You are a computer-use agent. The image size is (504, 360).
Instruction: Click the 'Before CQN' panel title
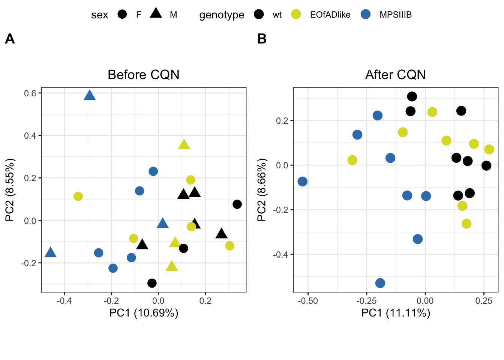pyautogui.click(x=143, y=75)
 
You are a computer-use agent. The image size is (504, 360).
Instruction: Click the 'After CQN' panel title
pyautogui.click(x=395, y=75)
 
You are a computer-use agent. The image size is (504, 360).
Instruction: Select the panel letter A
pyautogui.click(x=10, y=39)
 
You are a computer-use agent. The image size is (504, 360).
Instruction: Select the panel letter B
pyautogui.click(x=262, y=39)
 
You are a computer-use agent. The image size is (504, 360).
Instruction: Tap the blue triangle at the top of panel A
pyautogui.click(x=90, y=96)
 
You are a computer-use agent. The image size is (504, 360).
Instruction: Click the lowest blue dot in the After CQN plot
pyautogui.click(x=380, y=283)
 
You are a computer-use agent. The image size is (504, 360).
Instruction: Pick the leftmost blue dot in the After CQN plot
pyautogui.click(x=303, y=181)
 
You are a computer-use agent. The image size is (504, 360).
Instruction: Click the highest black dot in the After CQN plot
pyautogui.click(x=412, y=97)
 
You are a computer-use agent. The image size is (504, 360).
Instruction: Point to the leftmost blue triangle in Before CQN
pyautogui.click(x=50, y=253)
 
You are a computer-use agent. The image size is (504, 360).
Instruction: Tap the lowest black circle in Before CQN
pyautogui.click(x=152, y=283)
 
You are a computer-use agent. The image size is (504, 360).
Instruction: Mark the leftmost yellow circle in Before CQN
pyautogui.click(x=78, y=196)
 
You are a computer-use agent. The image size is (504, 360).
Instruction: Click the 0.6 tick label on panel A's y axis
pyautogui.click(x=30, y=93)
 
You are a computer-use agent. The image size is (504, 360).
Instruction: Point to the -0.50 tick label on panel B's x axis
pyautogui.click(x=308, y=301)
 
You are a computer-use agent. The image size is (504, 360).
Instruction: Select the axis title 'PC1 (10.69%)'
pyautogui.click(x=144, y=313)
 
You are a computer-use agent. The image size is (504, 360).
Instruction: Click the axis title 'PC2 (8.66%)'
pyautogui.click(x=261, y=190)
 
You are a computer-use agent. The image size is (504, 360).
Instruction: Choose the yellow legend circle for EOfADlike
pyautogui.click(x=296, y=15)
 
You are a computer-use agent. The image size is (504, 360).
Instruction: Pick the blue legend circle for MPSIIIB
pyautogui.click(x=366, y=15)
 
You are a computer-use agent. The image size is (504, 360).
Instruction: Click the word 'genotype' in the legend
pyautogui.click(x=222, y=15)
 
